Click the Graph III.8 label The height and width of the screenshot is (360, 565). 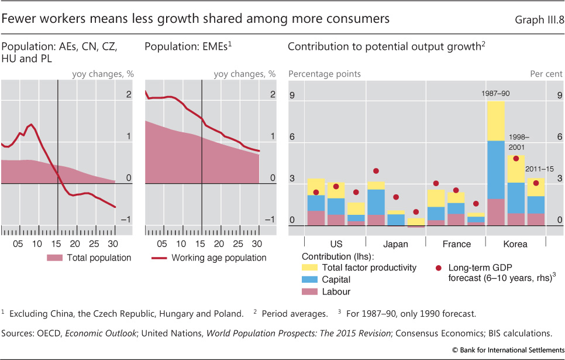536,19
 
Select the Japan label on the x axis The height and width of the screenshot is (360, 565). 397,244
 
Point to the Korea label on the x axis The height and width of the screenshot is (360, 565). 515,244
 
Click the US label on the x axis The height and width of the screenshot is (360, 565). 336,244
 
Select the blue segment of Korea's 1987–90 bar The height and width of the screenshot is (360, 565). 495,170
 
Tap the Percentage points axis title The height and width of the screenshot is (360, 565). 325,74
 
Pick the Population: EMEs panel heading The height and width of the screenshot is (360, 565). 182,47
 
